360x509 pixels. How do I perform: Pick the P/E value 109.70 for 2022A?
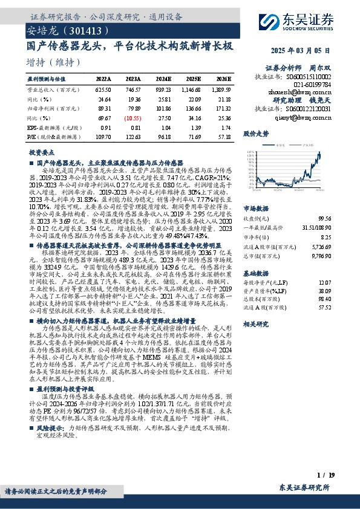tap(103, 138)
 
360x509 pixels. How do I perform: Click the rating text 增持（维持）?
tap(54, 62)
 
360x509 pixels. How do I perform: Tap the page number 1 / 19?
tap(322, 478)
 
